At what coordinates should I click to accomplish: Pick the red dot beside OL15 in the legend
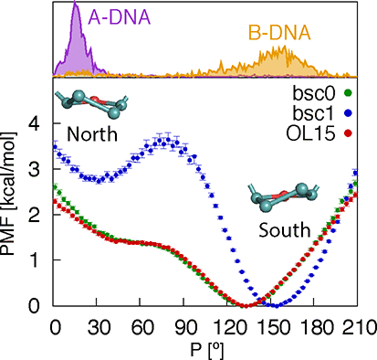click(357, 136)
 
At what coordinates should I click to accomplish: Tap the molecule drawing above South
click(281, 196)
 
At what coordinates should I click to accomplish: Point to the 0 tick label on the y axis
click(36, 305)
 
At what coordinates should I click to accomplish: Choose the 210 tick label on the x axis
click(359, 323)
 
